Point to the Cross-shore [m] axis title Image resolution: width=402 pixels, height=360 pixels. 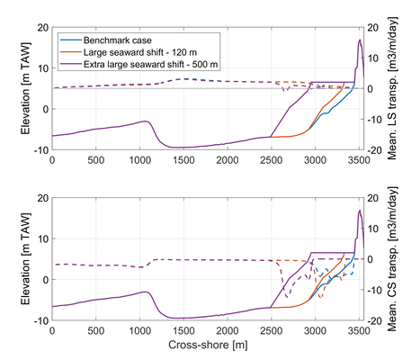point(208,346)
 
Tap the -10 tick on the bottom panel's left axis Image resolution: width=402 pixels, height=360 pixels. point(40,319)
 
